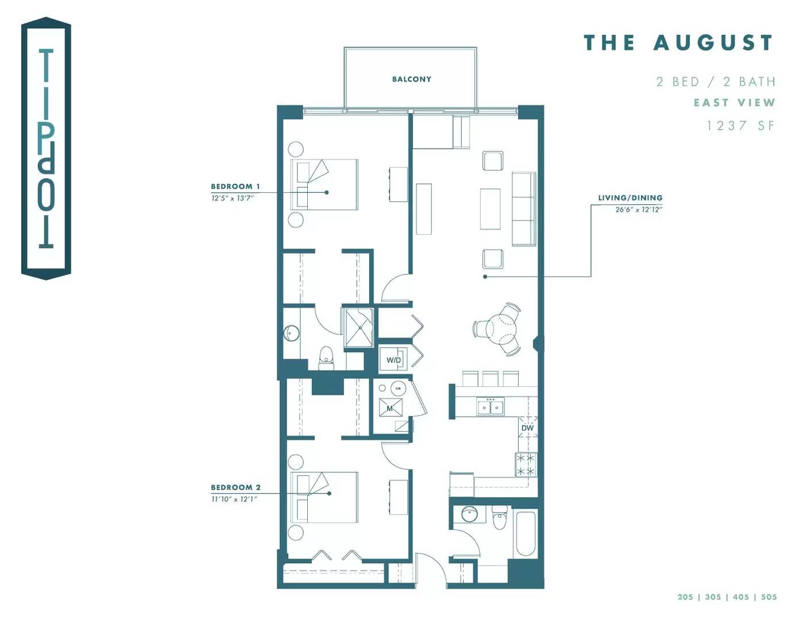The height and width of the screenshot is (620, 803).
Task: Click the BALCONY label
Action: pyautogui.click(x=411, y=79)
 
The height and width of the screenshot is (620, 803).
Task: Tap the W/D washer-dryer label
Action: pyautogui.click(x=393, y=359)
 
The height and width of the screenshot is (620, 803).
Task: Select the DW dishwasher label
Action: pyautogui.click(x=527, y=428)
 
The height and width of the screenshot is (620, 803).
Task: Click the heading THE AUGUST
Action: pyautogui.click(x=678, y=42)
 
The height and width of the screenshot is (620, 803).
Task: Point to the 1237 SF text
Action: pyautogui.click(x=740, y=126)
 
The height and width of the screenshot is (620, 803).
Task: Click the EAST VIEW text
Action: pyautogui.click(x=734, y=102)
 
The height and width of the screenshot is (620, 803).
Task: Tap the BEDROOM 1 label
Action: pyautogui.click(x=236, y=187)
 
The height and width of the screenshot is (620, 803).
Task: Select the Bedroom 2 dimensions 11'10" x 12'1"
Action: pyautogui.click(x=234, y=499)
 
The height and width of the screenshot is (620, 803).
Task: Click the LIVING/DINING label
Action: pyautogui.click(x=630, y=198)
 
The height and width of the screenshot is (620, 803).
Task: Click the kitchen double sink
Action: pyautogui.click(x=491, y=406)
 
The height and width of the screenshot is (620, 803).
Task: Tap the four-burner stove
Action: pyautogui.click(x=526, y=464)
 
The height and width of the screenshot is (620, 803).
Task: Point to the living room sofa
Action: pyautogui.click(x=524, y=208)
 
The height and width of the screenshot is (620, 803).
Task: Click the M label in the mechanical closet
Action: pyautogui.click(x=389, y=408)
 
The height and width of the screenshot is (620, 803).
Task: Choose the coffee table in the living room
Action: pyautogui.click(x=491, y=209)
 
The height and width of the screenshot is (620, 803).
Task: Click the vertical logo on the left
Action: pyautogui.click(x=46, y=149)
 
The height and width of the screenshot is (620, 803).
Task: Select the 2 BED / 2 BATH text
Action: pyautogui.click(x=716, y=82)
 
